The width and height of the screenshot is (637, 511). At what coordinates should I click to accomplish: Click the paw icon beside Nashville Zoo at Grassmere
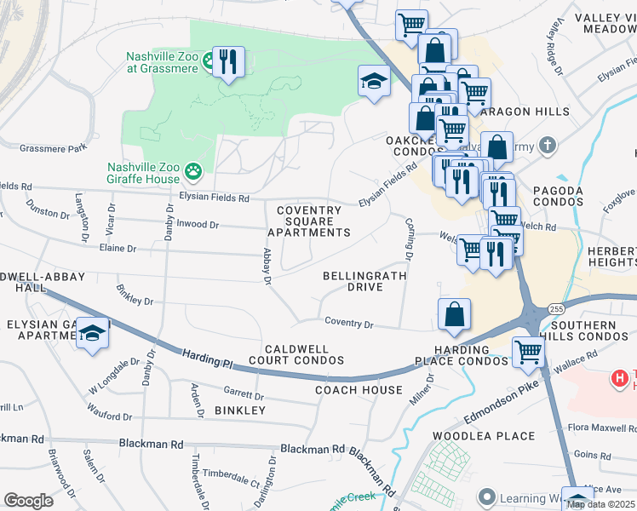coord(207,64)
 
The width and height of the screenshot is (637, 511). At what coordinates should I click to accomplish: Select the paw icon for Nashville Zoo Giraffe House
coord(194,171)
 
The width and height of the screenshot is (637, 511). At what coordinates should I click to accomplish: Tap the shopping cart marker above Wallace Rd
coord(528,350)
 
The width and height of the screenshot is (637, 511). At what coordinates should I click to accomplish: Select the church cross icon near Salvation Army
coord(548,146)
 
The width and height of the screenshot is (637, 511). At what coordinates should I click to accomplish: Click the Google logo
coord(28,500)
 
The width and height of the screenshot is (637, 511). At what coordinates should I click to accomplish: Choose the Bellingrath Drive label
coord(364,282)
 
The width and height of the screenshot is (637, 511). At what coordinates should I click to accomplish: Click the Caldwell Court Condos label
coord(304,355)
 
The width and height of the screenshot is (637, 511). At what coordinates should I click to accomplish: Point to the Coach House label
coord(359,390)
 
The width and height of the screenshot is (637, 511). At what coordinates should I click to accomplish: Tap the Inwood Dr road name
coord(198,225)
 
